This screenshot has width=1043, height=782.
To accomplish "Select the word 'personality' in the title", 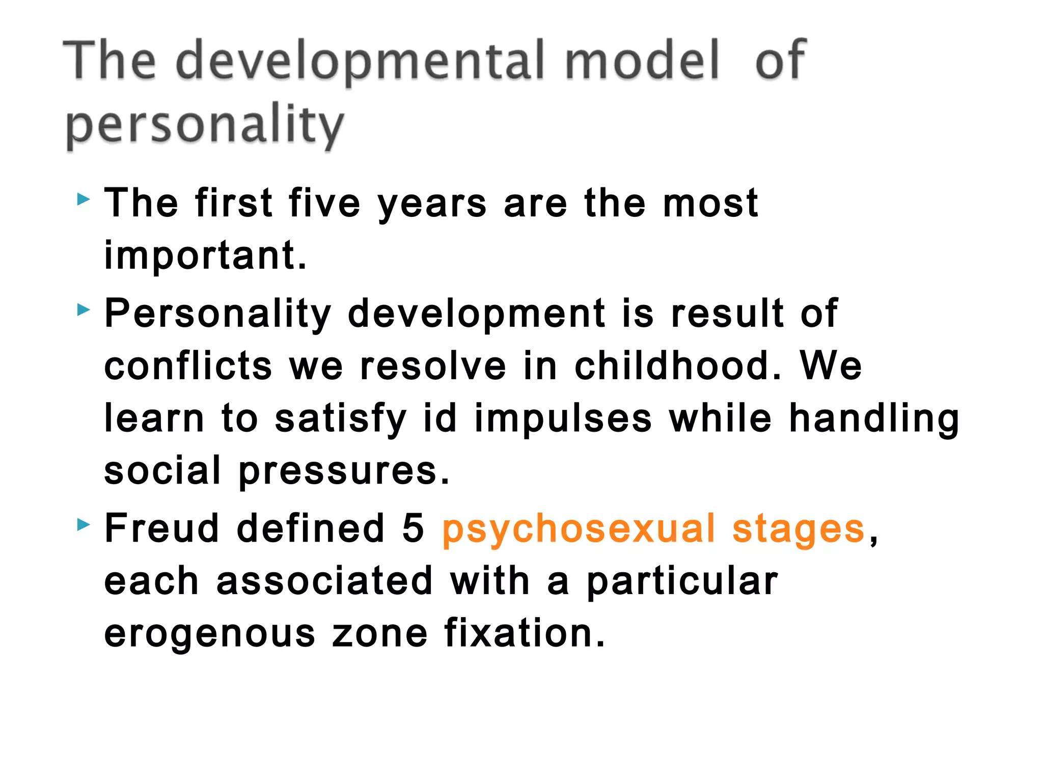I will pyautogui.click(x=205, y=125).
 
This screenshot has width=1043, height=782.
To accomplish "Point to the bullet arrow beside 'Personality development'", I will pyautogui.click(x=84, y=309).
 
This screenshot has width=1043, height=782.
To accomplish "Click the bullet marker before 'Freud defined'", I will pyautogui.click(x=84, y=524).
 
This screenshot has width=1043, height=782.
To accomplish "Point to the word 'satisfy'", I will pyautogui.click(x=340, y=418).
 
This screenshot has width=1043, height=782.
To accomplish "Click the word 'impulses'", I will pyautogui.click(x=563, y=418).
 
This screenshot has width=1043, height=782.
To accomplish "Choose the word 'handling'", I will pyautogui.click(x=874, y=418).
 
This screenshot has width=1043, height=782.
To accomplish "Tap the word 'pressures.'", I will pyautogui.click(x=344, y=471).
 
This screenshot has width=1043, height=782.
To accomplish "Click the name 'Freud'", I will pyautogui.click(x=161, y=528).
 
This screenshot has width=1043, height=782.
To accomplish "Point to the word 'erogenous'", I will pyautogui.click(x=210, y=634).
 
